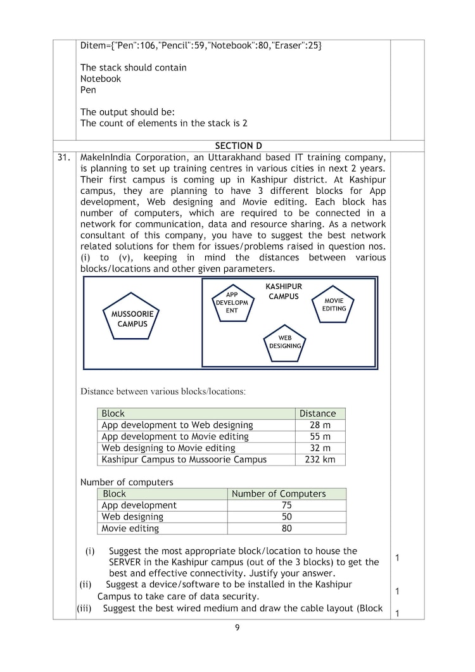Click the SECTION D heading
238,146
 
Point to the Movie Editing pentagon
333,305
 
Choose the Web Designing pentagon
285,343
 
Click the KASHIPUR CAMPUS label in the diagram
283,291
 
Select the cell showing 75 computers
286,505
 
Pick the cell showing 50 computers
286,517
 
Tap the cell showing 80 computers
286,528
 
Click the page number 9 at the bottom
237,628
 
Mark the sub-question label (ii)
85,585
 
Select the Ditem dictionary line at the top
201,46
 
